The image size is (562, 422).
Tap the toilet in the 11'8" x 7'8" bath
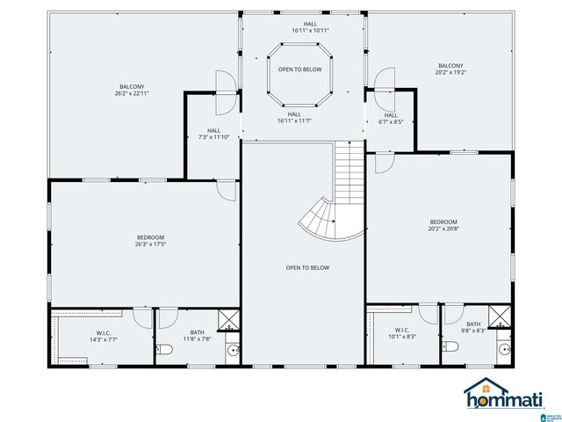point(164,351)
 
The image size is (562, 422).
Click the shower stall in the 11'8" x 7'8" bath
point(228,318)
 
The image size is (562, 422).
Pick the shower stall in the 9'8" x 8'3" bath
point(499,316)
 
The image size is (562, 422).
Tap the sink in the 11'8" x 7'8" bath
point(232,351)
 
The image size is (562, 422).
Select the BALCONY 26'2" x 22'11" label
point(132,90)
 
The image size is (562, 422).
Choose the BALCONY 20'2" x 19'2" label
point(450,69)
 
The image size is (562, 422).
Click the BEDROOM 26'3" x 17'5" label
point(150,241)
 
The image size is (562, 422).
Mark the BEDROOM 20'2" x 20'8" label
point(443,225)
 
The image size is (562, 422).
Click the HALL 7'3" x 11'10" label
point(214,134)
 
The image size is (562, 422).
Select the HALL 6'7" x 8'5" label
point(391,119)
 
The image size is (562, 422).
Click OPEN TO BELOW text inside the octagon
point(299,69)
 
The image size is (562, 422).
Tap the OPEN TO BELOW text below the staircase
point(307,267)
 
